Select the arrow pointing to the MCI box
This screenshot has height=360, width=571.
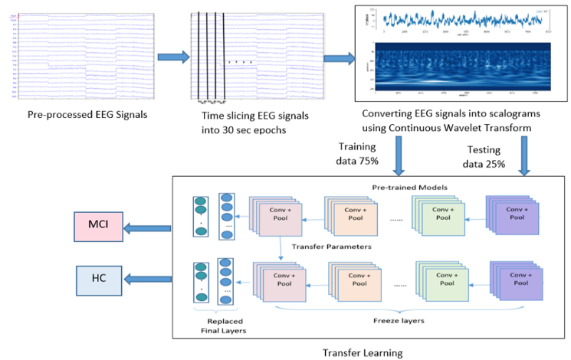pyautogui.click(x=149, y=227)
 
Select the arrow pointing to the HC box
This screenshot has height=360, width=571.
pyautogui.click(x=149, y=280)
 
